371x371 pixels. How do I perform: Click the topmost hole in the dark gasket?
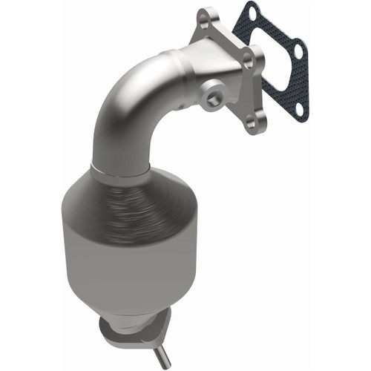click(252, 13)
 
